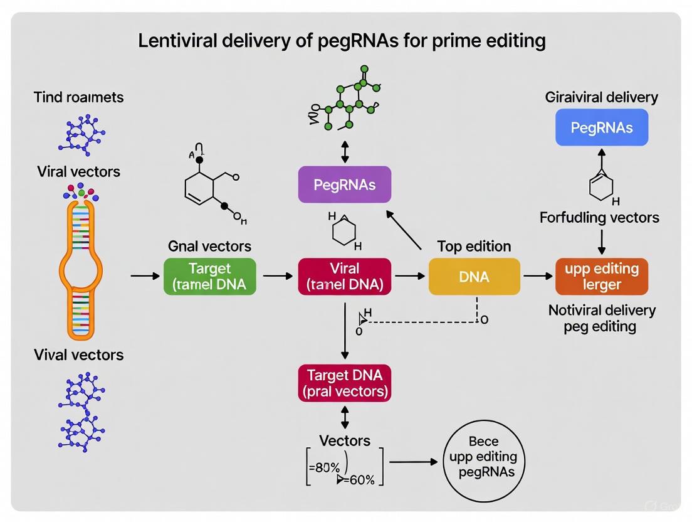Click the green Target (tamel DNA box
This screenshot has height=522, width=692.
point(209,277)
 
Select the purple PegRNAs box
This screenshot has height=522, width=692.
point(344,184)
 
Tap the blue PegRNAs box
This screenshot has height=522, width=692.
point(601,127)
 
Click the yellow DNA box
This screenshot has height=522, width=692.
point(474,277)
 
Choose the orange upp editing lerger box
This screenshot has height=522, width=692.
point(601,277)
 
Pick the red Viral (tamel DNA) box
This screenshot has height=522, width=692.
point(344,277)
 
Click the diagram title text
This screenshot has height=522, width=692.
point(342,41)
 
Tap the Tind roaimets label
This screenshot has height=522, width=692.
point(78,97)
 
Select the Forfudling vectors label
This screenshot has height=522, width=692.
point(599,218)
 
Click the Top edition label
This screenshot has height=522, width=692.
point(474,246)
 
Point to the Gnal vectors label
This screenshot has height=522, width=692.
point(209,246)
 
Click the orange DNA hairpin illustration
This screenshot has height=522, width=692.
point(80,264)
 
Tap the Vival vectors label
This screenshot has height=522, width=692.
point(78,354)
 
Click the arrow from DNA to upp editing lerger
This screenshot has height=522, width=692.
point(537,276)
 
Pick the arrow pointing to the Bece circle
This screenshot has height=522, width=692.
point(414,462)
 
